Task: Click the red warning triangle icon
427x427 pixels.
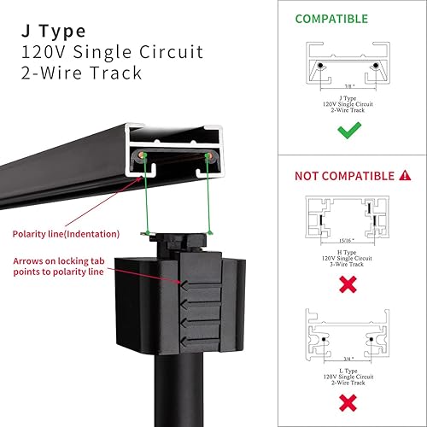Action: (405, 176)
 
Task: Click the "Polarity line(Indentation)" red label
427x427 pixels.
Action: (67, 233)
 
